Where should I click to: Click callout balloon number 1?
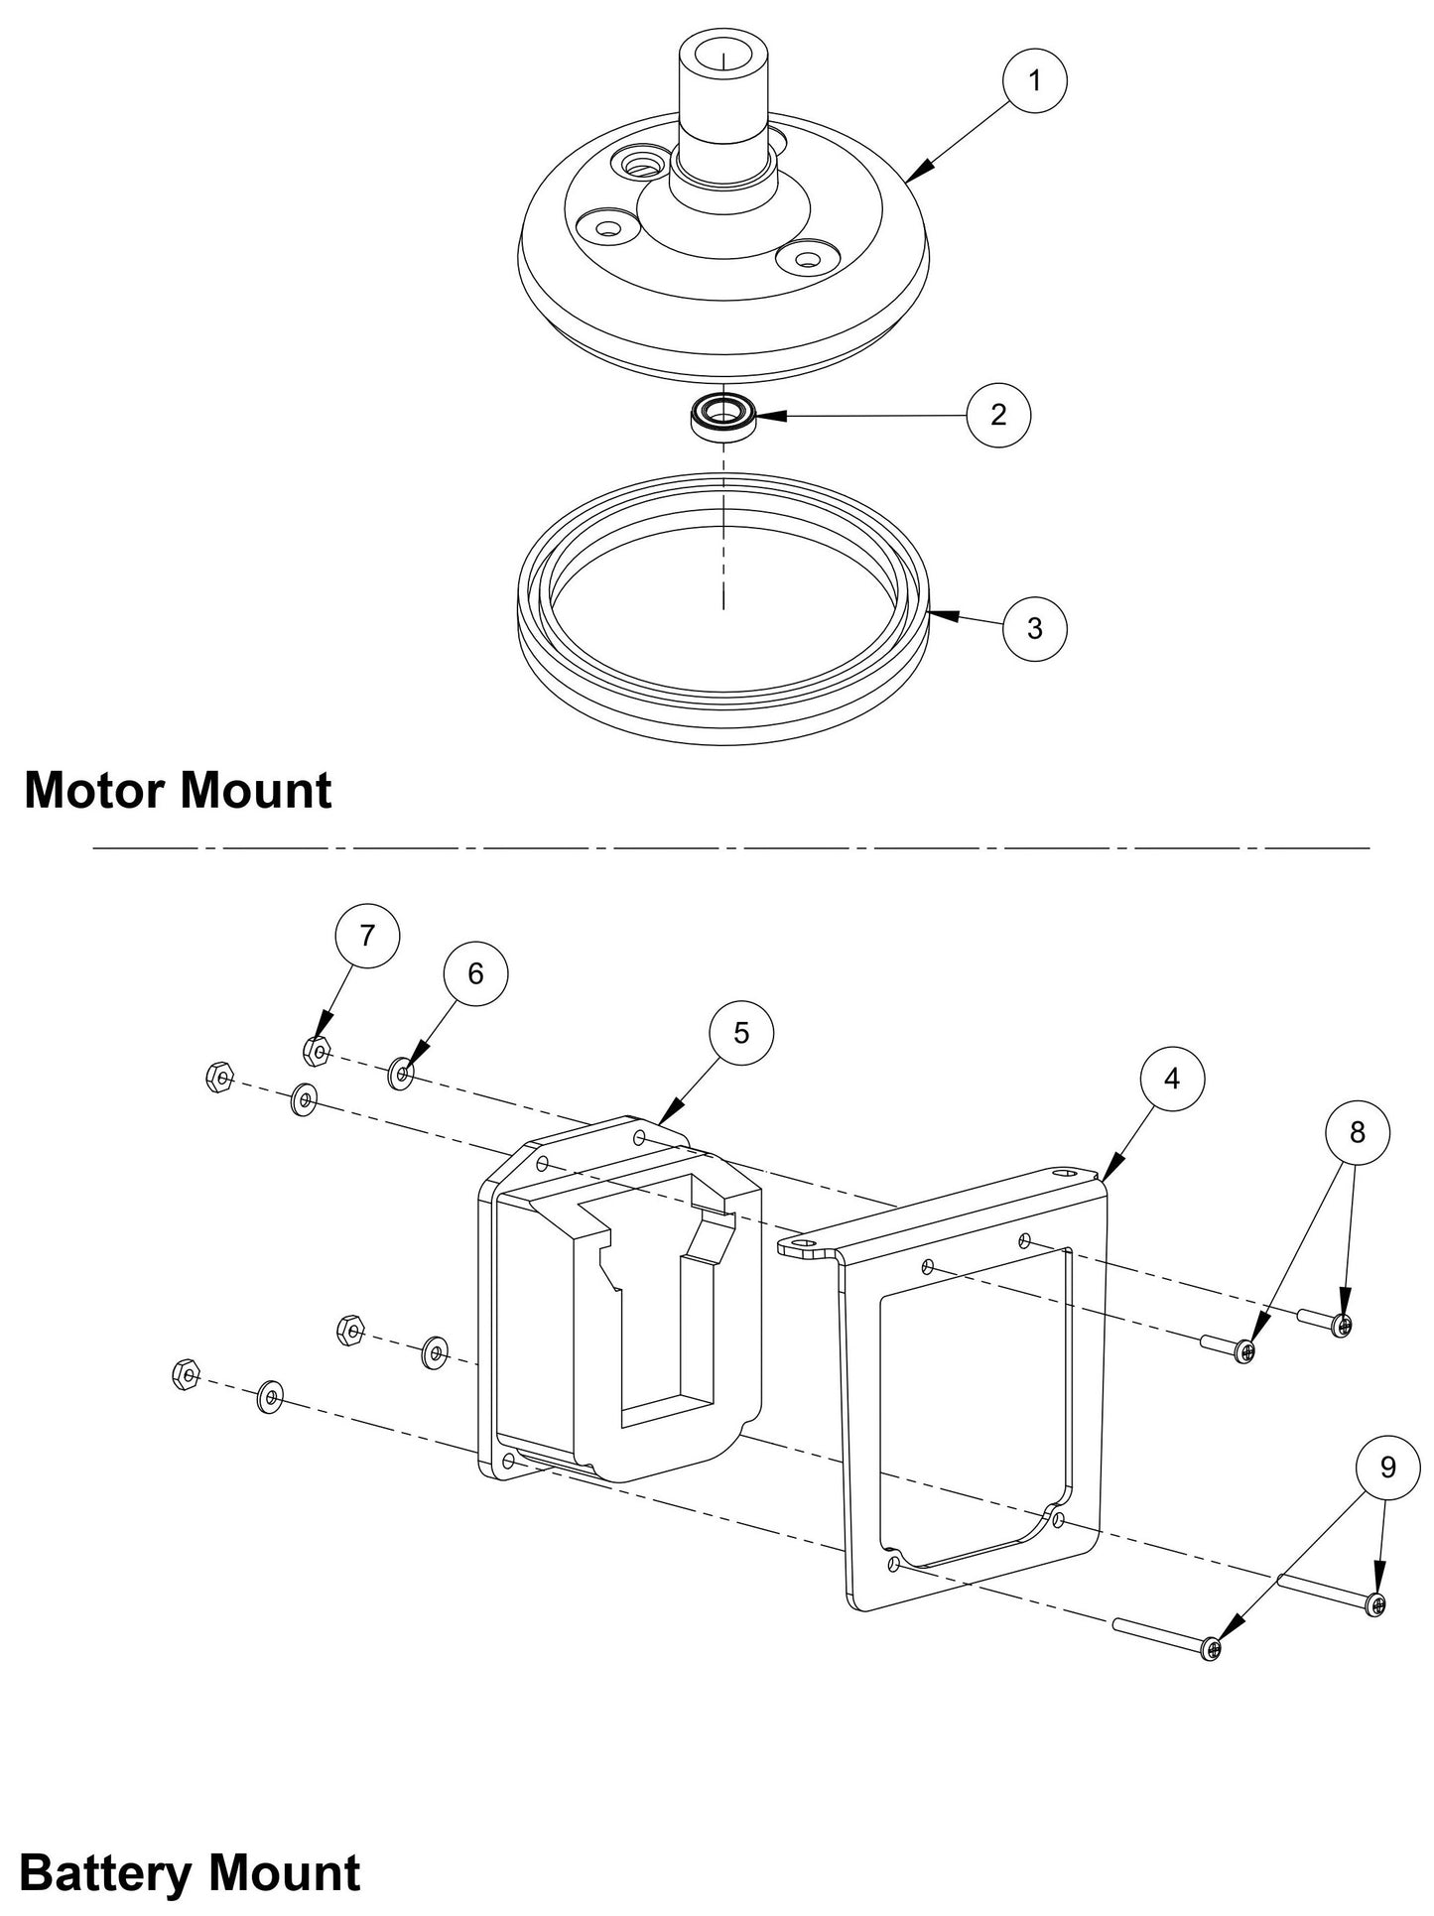(1035, 80)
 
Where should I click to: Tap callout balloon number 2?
(998, 414)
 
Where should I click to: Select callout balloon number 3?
(1035, 628)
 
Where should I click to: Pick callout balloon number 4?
(1172, 1079)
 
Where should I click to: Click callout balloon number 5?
(741, 1033)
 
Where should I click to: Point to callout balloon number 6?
(475, 974)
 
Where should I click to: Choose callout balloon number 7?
(367, 935)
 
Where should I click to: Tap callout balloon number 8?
(1358, 1132)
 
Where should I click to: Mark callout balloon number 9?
(1387, 1467)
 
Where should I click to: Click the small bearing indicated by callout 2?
(724, 414)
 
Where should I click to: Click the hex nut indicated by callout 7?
(316, 1050)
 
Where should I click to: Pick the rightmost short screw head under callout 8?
(1342, 1325)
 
